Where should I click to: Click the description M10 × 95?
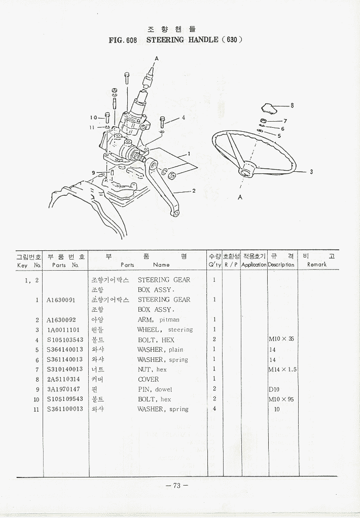(281, 399)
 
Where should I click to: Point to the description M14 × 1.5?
(282, 369)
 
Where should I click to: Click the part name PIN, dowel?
(155, 389)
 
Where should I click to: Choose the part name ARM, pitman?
(158, 320)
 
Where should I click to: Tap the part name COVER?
(148, 379)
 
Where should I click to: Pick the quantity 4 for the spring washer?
(214, 409)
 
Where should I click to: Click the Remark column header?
(316, 261)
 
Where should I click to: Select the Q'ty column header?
(214, 261)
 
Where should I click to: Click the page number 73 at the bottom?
(177, 485)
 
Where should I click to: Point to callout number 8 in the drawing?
(292, 106)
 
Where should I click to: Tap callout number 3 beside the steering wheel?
(311, 172)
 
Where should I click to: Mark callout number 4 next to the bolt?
(183, 118)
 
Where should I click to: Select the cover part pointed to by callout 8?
(268, 107)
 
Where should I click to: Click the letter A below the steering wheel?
(240, 198)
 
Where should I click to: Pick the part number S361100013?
(64, 409)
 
